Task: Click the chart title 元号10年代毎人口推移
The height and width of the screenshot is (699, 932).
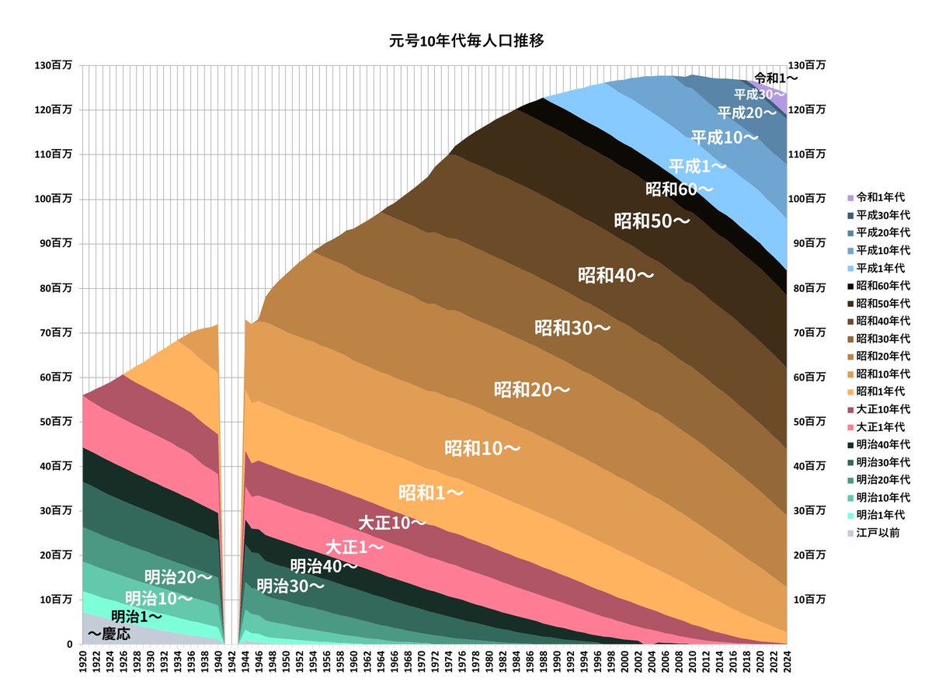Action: click(466, 41)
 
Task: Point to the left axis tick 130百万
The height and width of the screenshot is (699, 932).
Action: click(54, 66)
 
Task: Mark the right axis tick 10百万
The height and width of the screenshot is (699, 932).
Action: click(807, 600)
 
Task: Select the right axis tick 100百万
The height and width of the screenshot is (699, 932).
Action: click(807, 199)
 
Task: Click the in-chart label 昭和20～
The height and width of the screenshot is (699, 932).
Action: click(531, 389)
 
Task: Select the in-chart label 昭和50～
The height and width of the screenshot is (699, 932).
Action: click(652, 221)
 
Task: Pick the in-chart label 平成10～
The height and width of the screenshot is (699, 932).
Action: click(724, 138)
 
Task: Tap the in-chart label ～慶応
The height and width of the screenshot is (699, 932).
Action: click(109, 634)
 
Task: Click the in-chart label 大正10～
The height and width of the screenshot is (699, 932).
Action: click(392, 523)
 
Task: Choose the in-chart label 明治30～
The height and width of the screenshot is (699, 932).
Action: click(290, 586)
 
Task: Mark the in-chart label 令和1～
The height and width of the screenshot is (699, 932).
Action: click(776, 78)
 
